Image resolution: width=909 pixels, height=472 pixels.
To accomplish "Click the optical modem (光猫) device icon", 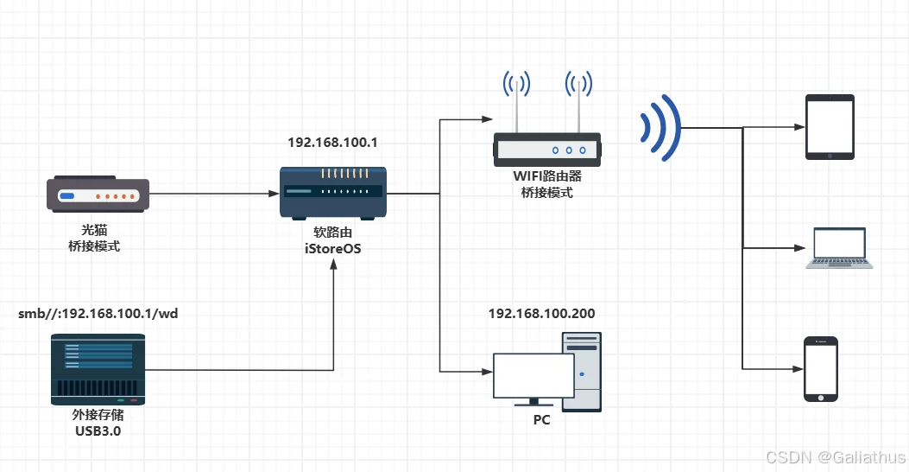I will point(97,196).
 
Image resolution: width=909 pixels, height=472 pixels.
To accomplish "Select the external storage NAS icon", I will point(98,369).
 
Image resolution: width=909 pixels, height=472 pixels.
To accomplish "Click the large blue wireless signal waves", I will point(660,127).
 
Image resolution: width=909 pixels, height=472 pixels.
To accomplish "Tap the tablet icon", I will point(829,127).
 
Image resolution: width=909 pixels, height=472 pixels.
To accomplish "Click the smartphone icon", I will point(821,369).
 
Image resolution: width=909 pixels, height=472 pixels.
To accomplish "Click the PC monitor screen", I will point(533,375).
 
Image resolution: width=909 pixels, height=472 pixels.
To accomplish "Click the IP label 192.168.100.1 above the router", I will point(332,140).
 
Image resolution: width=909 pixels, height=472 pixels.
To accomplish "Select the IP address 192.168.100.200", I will point(541,314).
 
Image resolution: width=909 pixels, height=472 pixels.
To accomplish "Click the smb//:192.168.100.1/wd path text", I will point(98,314).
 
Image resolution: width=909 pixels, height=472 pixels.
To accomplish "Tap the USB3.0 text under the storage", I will point(98,430).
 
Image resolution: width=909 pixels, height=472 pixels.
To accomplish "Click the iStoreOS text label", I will point(332,249).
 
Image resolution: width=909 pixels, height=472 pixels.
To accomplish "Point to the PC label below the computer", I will point(541,421).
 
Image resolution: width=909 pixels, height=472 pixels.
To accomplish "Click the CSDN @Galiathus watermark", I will point(836,456).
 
